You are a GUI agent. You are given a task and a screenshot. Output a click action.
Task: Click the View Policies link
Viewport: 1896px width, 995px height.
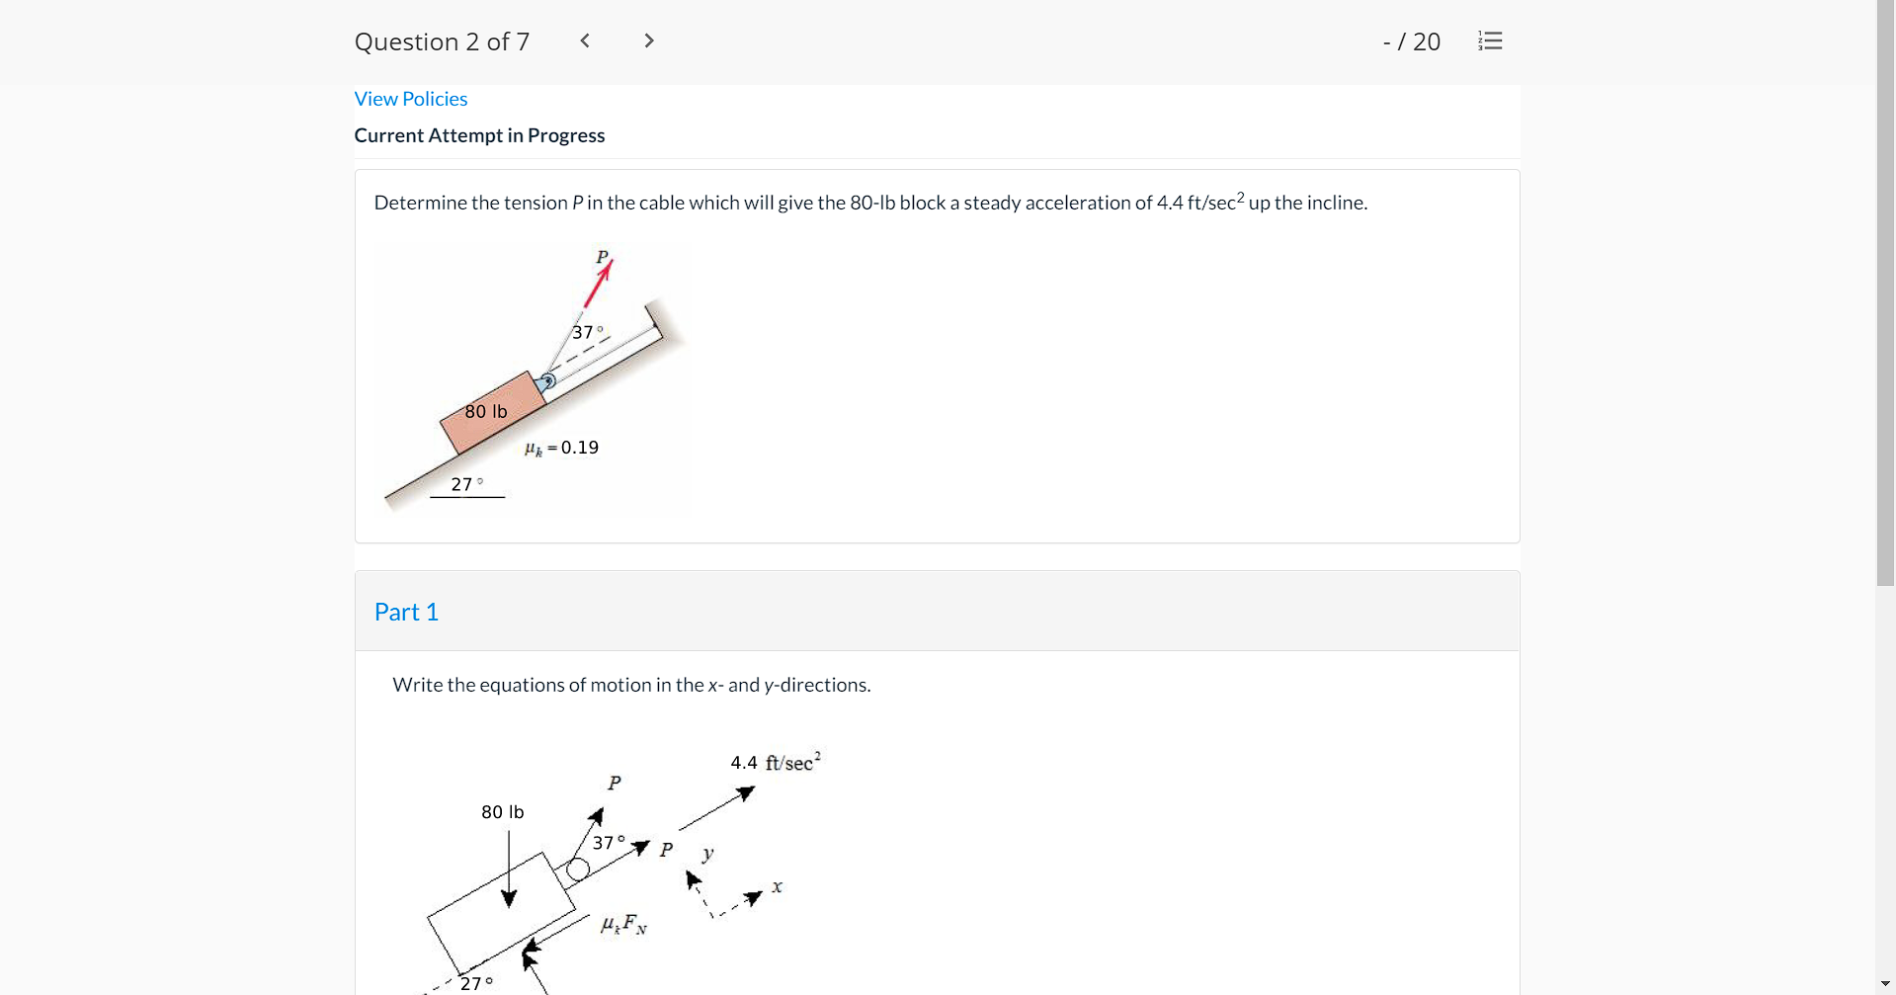click(x=410, y=99)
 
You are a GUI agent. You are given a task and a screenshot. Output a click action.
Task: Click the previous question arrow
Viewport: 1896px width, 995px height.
click(x=585, y=41)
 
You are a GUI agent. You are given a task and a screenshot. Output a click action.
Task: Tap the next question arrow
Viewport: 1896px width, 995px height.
click(x=648, y=41)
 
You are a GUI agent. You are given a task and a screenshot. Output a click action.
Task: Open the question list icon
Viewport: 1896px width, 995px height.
click(x=1490, y=41)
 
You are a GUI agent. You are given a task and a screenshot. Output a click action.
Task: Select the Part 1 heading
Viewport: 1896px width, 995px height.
click(x=406, y=612)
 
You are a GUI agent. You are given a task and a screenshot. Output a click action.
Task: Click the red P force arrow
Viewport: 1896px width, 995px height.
click(x=598, y=285)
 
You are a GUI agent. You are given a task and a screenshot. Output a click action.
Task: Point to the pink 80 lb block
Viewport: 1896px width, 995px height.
click(x=492, y=413)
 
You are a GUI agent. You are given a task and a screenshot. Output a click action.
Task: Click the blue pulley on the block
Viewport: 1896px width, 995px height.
click(x=547, y=380)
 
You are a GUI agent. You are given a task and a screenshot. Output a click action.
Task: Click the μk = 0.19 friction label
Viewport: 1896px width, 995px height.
click(x=561, y=448)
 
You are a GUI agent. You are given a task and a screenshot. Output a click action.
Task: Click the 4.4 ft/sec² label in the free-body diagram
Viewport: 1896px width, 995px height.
click(x=775, y=762)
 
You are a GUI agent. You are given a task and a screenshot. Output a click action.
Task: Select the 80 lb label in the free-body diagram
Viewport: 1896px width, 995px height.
click(x=502, y=812)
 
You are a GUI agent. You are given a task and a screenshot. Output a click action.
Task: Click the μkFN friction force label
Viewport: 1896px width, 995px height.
click(x=623, y=925)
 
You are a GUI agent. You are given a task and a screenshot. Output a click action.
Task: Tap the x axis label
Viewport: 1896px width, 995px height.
click(x=778, y=886)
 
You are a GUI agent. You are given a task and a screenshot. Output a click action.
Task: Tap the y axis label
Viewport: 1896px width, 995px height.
click(x=707, y=853)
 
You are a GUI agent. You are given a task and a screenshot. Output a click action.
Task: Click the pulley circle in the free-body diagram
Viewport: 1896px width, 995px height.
click(x=578, y=870)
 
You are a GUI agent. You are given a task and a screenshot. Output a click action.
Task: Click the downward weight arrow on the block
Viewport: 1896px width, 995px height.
click(x=509, y=870)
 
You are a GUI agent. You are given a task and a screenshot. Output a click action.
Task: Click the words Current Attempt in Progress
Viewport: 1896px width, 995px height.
click(x=479, y=135)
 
